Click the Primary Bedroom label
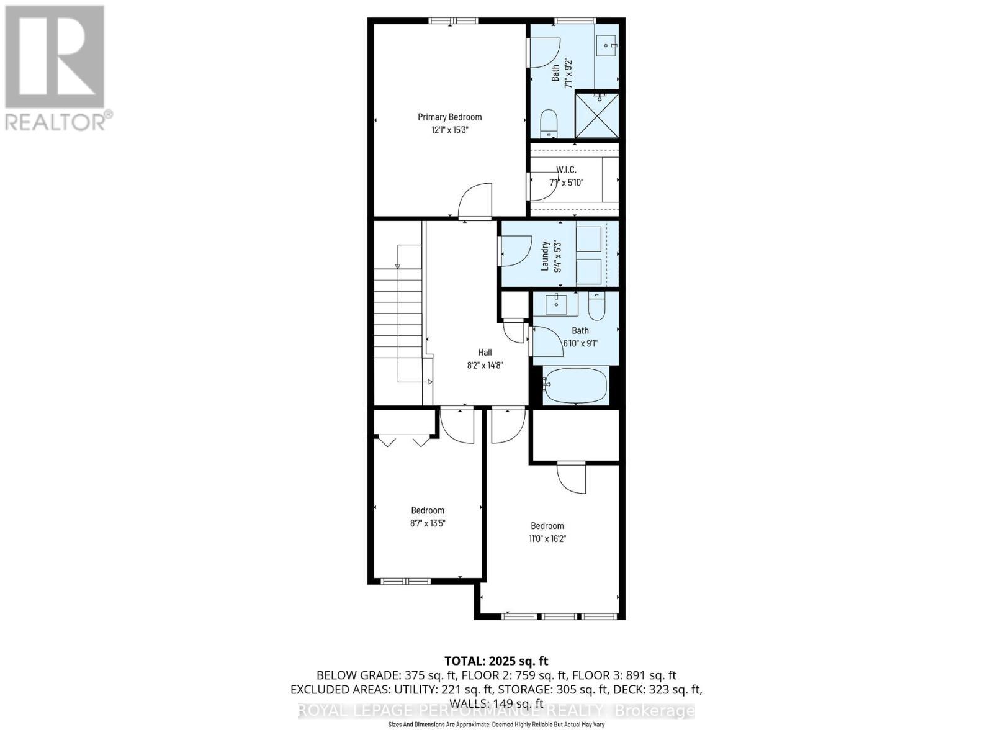click(x=449, y=117)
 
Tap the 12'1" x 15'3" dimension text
click(x=449, y=130)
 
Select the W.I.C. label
click(x=566, y=169)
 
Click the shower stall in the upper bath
click(x=596, y=115)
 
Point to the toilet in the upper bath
click(x=549, y=124)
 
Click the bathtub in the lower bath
click(x=575, y=386)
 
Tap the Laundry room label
click(x=546, y=256)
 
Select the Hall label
click(x=485, y=353)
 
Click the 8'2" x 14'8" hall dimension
click(x=485, y=366)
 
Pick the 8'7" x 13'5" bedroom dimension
click(x=428, y=523)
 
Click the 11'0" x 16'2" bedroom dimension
click(x=547, y=539)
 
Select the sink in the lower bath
click(x=557, y=304)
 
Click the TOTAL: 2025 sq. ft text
click(x=496, y=661)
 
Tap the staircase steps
click(x=398, y=323)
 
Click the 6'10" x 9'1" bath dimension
click(x=580, y=343)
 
